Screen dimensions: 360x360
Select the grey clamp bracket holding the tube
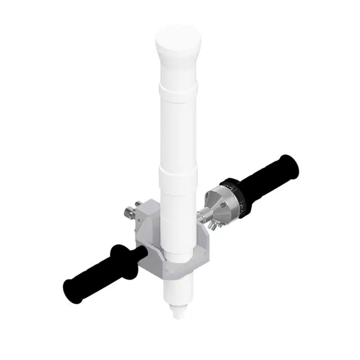coord(148,234)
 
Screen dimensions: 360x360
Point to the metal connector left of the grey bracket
coord(130,211)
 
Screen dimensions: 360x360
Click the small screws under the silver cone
coord(211,223)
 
